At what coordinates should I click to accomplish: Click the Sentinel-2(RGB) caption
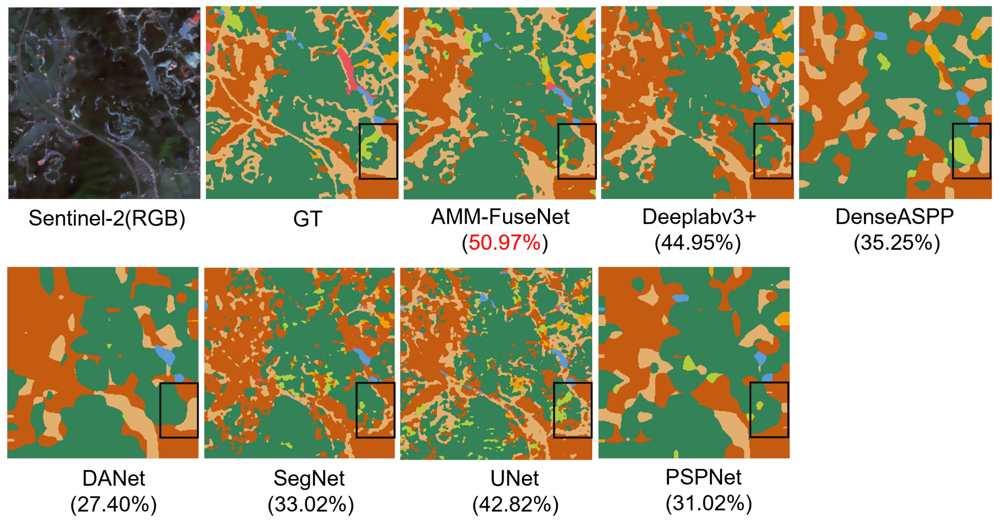[x=107, y=218]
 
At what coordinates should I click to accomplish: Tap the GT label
[x=308, y=219]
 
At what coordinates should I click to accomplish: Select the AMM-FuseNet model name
[x=500, y=217]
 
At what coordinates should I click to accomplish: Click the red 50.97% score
[x=505, y=243]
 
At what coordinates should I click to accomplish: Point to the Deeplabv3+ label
[x=699, y=217]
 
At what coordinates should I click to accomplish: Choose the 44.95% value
[x=698, y=243]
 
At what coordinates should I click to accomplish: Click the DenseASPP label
[x=894, y=217]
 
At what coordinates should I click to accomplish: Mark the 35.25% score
[x=897, y=243]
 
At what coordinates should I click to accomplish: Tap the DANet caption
[x=114, y=478]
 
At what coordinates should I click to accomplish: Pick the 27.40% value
[x=114, y=504]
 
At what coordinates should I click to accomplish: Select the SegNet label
[x=309, y=478]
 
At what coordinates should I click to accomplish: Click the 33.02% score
[x=311, y=504]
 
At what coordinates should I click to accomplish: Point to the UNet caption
[x=515, y=478]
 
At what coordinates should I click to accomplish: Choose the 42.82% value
[x=516, y=504]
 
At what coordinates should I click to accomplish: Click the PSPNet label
[x=703, y=477]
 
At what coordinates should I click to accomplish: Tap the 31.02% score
[x=709, y=503]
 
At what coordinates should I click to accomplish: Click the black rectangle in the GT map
[x=379, y=125]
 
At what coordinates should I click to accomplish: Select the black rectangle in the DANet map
[x=179, y=384]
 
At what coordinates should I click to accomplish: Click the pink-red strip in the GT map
[x=348, y=70]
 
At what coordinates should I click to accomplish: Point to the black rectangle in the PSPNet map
[x=769, y=384]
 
